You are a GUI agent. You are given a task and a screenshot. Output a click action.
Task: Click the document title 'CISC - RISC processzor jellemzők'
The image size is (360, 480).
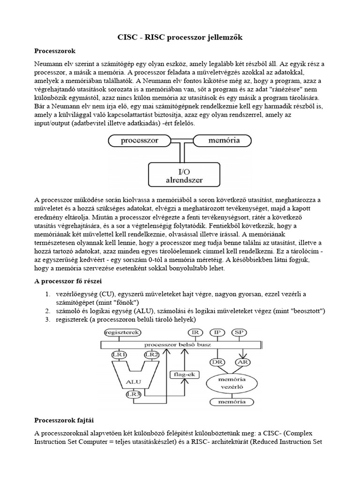pos(180,37)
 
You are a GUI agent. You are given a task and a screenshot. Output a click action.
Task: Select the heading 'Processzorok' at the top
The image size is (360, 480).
pos(55,50)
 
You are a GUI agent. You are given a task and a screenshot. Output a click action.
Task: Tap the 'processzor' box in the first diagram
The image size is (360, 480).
pos(139,140)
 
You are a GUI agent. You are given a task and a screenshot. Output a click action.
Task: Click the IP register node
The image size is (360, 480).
pos(217,332)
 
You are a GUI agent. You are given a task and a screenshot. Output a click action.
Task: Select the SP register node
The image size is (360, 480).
pos(239,332)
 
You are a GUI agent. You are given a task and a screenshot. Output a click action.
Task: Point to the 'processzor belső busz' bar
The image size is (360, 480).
pos(181,344)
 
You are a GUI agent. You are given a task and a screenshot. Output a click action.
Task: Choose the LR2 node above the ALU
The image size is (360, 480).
pos(151,354)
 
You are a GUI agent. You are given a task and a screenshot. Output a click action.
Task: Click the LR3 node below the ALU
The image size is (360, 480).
pos(134,394)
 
